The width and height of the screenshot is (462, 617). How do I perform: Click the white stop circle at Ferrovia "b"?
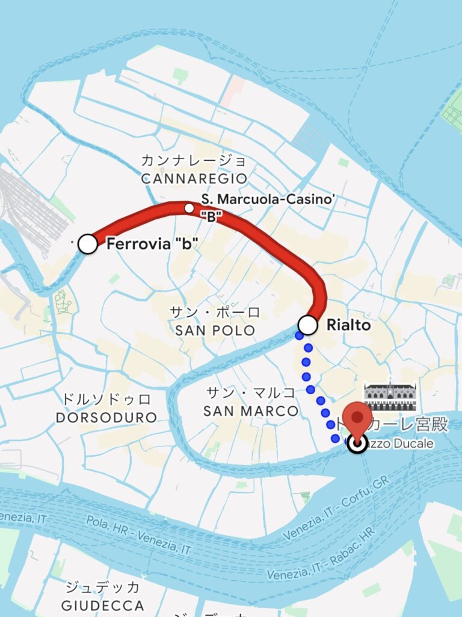coord(88,244)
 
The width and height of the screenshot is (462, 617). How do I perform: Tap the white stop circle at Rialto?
coord(308,325)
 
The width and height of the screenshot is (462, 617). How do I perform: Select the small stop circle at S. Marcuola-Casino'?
coord(189,208)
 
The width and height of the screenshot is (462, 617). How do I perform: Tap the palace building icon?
coord(390,395)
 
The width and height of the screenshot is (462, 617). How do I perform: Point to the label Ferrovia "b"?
coord(152,245)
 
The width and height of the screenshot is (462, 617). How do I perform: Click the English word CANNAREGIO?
coord(194,179)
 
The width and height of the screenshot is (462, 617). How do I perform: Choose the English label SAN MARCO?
coord(251,412)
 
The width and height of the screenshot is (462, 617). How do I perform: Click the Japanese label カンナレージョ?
coord(194,161)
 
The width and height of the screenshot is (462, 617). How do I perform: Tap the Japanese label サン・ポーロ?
coord(215,313)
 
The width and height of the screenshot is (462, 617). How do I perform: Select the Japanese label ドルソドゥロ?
coord(106,399)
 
